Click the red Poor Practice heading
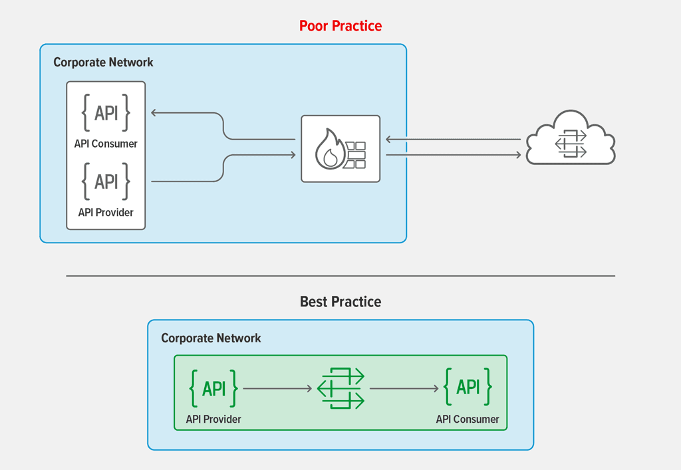tap(340, 26)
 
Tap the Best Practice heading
tap(340, 302)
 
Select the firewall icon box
tap(340, 149)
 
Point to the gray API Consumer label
tap(106, 144)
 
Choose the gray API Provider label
tap(106, 213)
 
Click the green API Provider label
tap(213, 419)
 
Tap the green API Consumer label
tap(468, 419)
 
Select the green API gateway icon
tap(340, 388)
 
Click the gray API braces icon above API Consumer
tap(106, 112)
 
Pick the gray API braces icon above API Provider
tap(106, 181)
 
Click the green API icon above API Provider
tap(213, 388)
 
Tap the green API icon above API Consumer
tap(468, 387)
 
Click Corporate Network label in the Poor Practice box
tap(103, 62)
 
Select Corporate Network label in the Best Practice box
tap(211, 338)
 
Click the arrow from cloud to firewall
tap(453, 140)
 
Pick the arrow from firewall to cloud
tap(453, 155)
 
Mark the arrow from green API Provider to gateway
tap(277, 388)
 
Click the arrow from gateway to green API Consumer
tap(404, 388)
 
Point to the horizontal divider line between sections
tap(340, 276)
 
